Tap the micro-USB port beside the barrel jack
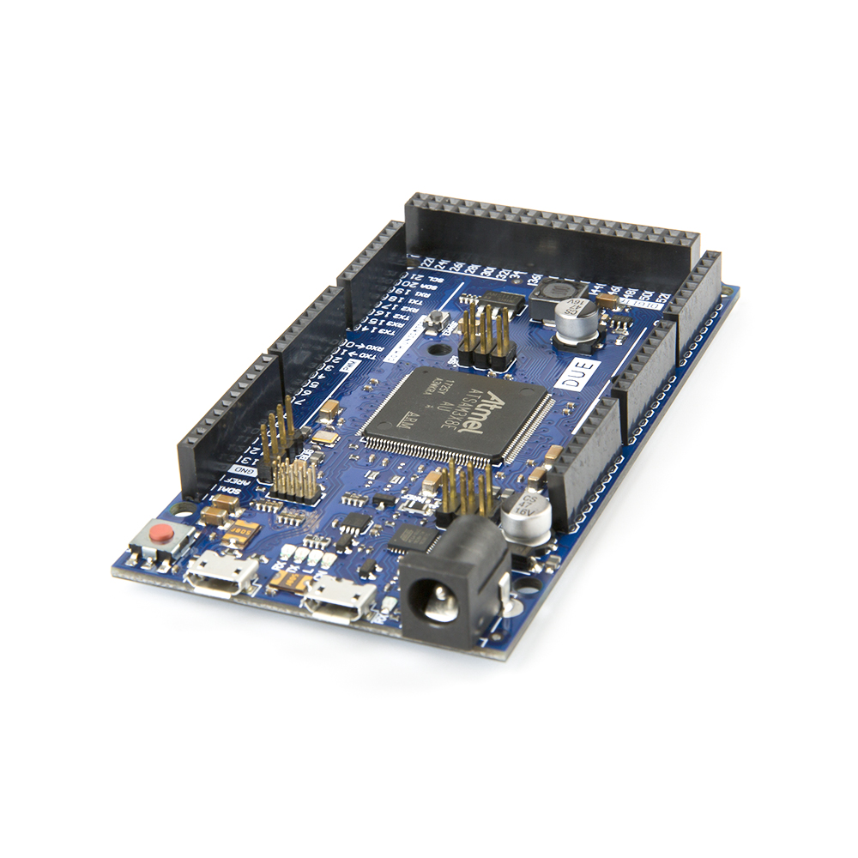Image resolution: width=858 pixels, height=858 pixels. (340, 597)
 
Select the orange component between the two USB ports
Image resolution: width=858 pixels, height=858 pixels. (281, 581)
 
